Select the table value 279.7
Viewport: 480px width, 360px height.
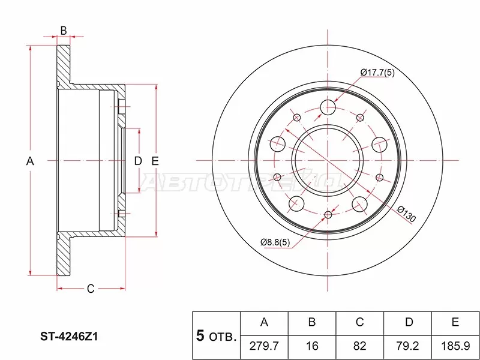coord(264,347)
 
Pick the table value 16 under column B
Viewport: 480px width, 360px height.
coord(312,347)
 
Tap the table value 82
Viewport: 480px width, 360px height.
coord(360,347)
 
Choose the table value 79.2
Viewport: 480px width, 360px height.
coord(408,347)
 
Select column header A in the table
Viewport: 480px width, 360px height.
coord(264,323)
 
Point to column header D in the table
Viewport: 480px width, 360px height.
coord(408,323)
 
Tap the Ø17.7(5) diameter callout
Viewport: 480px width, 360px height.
coord(378,73)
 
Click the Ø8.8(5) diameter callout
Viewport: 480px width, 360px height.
coord(277,242)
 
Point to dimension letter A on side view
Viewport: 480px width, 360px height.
coord(31,161)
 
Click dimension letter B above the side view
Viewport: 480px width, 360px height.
coord(63,31)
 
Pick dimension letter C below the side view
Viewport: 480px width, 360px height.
coord(90,290)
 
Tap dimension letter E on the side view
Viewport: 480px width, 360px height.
coord(154,161)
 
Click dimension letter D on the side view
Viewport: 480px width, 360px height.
coord(137,161)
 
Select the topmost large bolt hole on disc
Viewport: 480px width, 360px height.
coord(327,107)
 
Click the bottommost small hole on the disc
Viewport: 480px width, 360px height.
coord(328,215)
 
